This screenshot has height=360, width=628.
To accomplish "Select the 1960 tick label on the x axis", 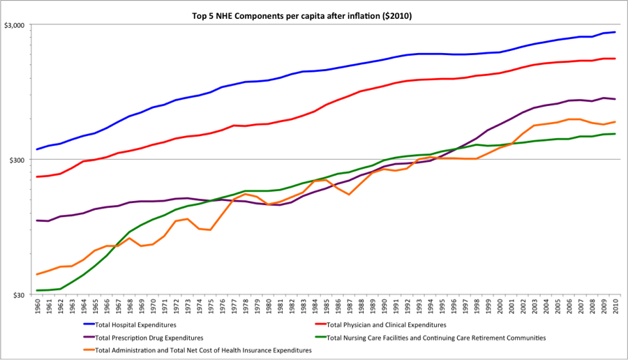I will pyautogui.click(x=37, y=307).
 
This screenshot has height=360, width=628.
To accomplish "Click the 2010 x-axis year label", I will pyautogui.click(x=615, y=307).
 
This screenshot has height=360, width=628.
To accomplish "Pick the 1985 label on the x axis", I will pyautogui.click(x=326, y=307).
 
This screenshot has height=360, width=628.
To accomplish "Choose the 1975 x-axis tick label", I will pyautogui.click(x=210, y=307).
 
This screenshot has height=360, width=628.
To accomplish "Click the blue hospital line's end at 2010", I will pyautogui.click(x=615, y=32).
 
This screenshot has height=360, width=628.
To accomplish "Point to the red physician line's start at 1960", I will pyautogui.click(x=37, y=177).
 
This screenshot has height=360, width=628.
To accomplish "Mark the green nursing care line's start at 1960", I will pyautogui.click(x=37, y=290).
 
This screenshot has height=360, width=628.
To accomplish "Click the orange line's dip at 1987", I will pyautogui.click(x=349, y=194).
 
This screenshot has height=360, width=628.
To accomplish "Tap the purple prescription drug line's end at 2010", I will pyautogui.click(x=615, y=99).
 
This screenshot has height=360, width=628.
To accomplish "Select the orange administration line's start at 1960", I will pyautogui.click(x=37, y=274).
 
